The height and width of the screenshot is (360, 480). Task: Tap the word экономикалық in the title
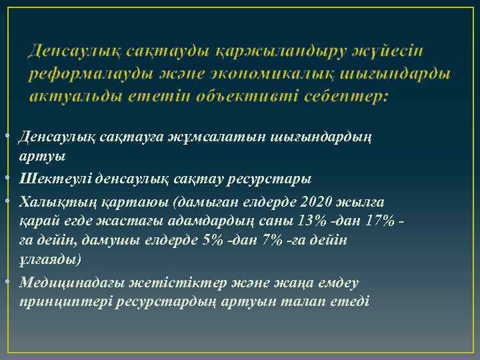tap(271, 73)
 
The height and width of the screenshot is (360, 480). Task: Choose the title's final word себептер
tap(347, 95)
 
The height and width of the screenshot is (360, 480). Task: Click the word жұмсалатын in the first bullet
tap(207, 137)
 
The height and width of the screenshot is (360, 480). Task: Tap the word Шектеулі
tap(55, 179)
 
